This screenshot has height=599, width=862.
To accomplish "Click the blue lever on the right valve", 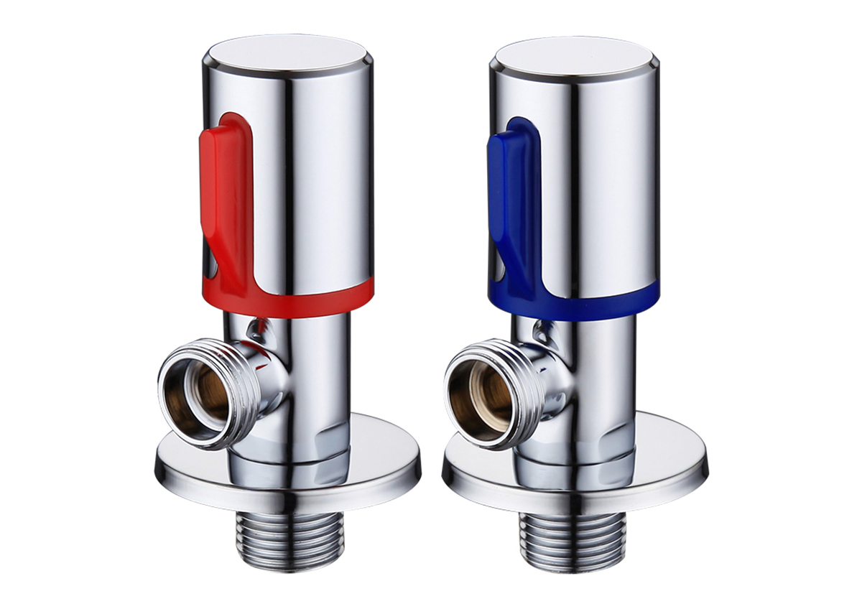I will (511, 201).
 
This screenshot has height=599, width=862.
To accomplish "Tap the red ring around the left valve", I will (316, 296).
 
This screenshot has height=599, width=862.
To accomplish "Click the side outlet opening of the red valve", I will (195, 396).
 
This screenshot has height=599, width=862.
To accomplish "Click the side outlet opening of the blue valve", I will (480, 396).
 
